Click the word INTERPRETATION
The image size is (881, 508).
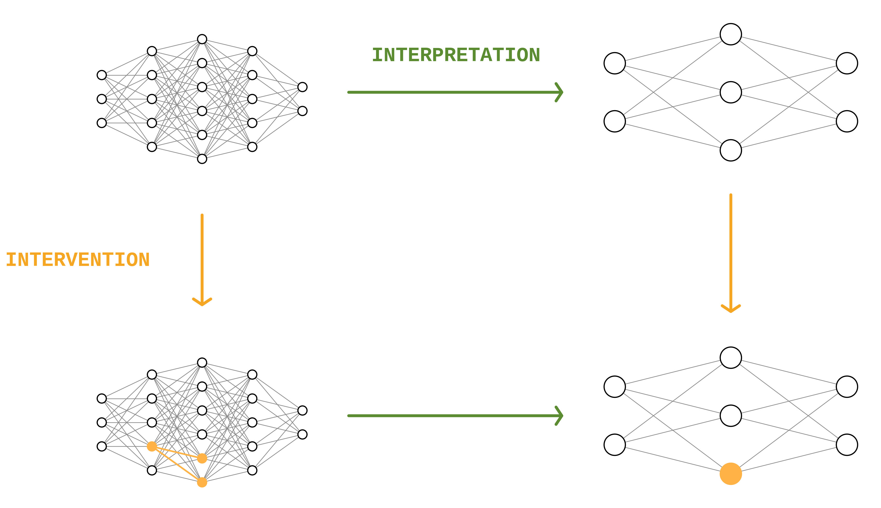[x=456, y=55]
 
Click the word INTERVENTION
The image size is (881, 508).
[x=77, y=260]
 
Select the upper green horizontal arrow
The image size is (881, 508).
[x=454, y=92]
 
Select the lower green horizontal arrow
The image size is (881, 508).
[x=454, y=415]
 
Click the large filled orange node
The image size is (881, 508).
[x=731, y=474]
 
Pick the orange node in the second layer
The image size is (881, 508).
[x=152, y=446]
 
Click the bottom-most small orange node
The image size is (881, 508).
[x=202, y=482]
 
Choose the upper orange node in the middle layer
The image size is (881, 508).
[x=202, y=458]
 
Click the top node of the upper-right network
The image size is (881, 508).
[x=731, y=34]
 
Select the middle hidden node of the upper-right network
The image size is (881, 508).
[x=731, y=92]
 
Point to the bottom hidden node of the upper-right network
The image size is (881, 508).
[x=731, y=150]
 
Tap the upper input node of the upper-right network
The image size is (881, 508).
[x=615, y=63]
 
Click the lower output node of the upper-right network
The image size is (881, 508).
[x=847, y=121]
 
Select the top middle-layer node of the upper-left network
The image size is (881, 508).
[x=202, y=39]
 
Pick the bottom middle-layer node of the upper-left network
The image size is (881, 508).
[x=202, y=159]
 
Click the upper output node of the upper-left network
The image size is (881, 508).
[x=302, y=87]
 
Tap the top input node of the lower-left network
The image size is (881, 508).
[x=102, y=398]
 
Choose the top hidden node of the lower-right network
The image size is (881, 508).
[x=731, y=358]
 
